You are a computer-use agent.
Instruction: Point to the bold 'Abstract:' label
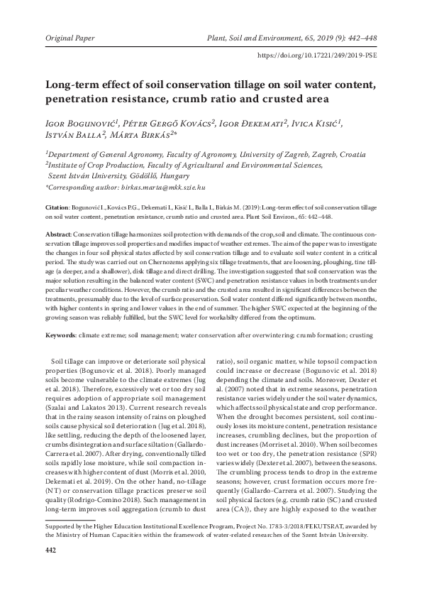pyautogui.click(x=59, y=234)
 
